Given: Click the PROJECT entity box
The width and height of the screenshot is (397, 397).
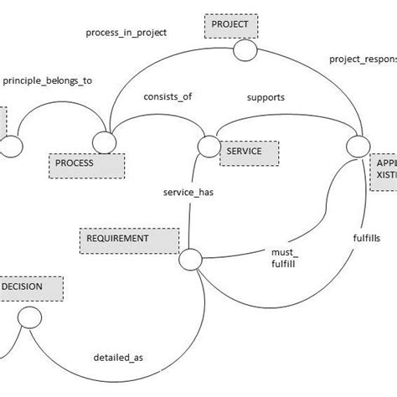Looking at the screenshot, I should coord(229,25).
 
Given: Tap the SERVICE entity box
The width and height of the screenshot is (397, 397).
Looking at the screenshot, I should coord(249,152).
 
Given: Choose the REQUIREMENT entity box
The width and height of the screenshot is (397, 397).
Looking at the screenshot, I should coord(130,239).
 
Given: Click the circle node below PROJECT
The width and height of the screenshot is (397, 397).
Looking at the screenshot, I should coord(244,51).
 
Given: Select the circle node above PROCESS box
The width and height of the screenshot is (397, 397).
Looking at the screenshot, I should coord(104,143).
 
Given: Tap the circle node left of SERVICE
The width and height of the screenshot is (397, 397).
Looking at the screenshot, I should coord(208,146).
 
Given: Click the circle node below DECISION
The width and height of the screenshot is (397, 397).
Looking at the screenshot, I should coord(29,317).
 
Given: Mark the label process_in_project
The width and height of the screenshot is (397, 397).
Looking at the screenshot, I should coord(126,33).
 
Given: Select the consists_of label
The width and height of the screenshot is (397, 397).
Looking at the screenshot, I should coord(168,96).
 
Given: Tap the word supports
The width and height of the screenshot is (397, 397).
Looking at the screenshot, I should coord(265,97).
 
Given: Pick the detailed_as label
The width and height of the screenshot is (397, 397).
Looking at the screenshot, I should coord(118,358).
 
